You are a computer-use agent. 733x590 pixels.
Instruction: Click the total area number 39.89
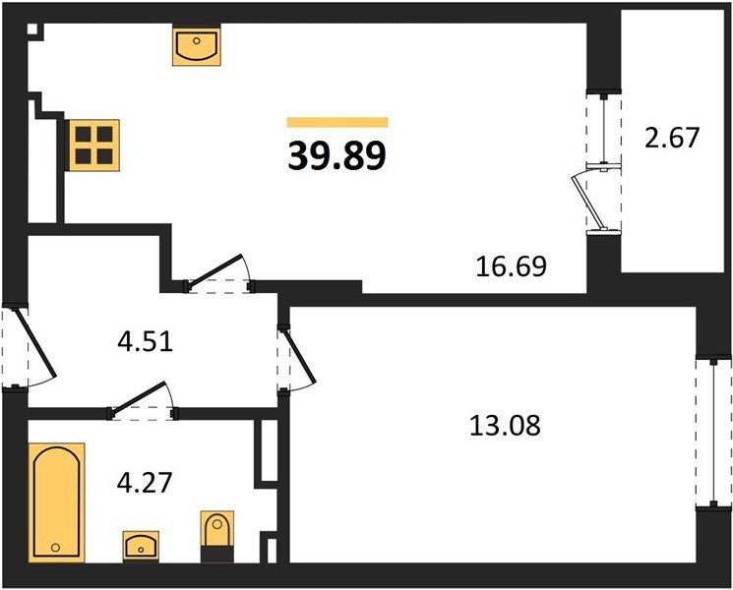pyautogui.click(x=337, y=155)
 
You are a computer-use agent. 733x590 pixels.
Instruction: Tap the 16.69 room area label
pyautogui.click(x=511, y=266)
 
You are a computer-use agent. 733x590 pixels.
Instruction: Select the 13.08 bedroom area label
pyautogui.click(x=505, y=426)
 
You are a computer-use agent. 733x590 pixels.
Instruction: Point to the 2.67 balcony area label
pyautogui.click(x=672, y=138)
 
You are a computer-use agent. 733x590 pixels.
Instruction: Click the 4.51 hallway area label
pyautogui.click(x=146, y=342)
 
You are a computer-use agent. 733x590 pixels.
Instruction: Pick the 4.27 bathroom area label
pyautogui.click(x=145, y=483)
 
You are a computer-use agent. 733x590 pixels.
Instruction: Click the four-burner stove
pyautogui.click(x=94, y=146)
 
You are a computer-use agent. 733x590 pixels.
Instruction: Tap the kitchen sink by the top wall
pyautogui.click(x=197, y=46)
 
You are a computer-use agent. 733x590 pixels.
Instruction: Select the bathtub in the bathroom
pyautogui.click(x=56, y=502)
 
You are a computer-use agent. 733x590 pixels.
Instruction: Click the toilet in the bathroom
pyautogui.click(x=216, y=536)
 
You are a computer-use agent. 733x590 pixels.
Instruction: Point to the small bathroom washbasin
pyautogui.click(x=141, y=546)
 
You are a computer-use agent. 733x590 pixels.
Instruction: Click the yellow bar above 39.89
pyautogui.click(x=337, y=122)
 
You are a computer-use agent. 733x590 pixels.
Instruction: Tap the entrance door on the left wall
pyautogui.click(x=36, y=343)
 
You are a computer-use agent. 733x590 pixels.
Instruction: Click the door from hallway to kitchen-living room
pyautogui.click(x=214, y=270)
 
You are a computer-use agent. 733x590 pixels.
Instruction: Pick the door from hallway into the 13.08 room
pyautogui.click(x=299, y=356)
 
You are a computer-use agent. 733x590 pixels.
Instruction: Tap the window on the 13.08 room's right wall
pyautogui.click(x=713, y=433)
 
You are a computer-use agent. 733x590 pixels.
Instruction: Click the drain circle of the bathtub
pyautogui.click(x=56, y=547)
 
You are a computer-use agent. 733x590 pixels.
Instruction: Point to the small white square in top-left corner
pyautogui.click(x=32, y=29)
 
